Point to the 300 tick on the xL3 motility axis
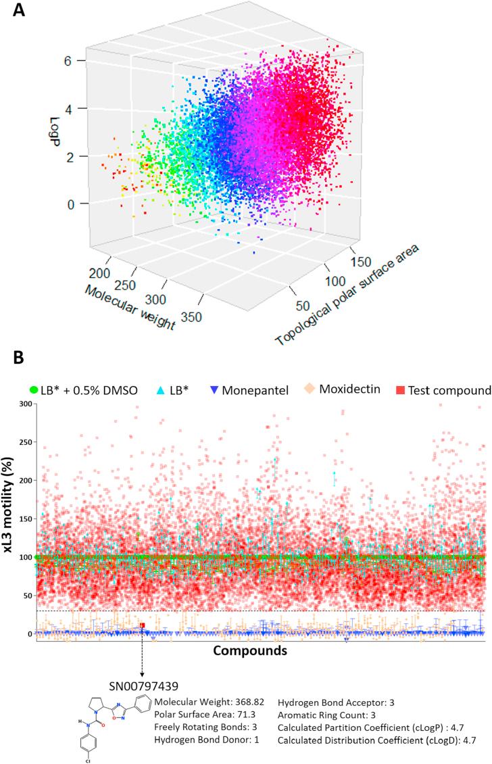coord(24,404)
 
